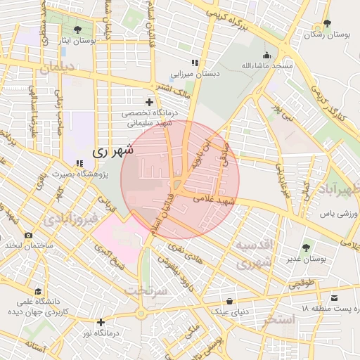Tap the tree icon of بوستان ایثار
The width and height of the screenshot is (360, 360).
point(77,30)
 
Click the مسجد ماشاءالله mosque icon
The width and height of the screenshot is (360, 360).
point(266,56)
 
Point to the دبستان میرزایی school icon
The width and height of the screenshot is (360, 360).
point(194,63)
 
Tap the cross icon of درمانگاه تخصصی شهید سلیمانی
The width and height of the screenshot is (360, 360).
point(149,102)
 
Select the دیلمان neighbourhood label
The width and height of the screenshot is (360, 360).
point(56,69)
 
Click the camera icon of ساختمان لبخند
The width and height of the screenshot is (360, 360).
point(28,236)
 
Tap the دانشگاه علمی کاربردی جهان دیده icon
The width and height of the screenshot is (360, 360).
point(37,291)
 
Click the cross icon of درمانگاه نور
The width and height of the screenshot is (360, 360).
point(101,322)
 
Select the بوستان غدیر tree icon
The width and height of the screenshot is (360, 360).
point(305,247)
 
